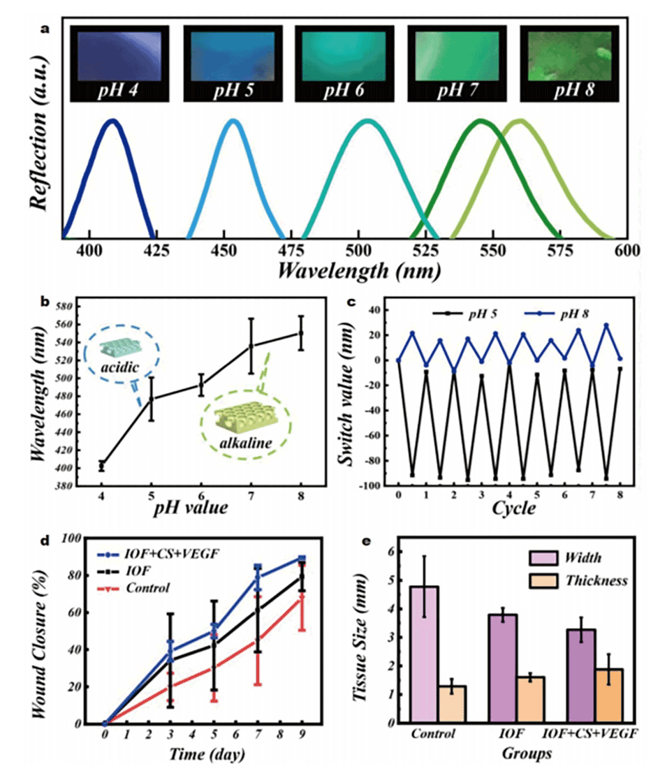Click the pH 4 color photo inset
click(x=120, y=63)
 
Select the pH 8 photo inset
click(x=569, y=63)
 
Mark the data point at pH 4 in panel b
click(x=102, y=466)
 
